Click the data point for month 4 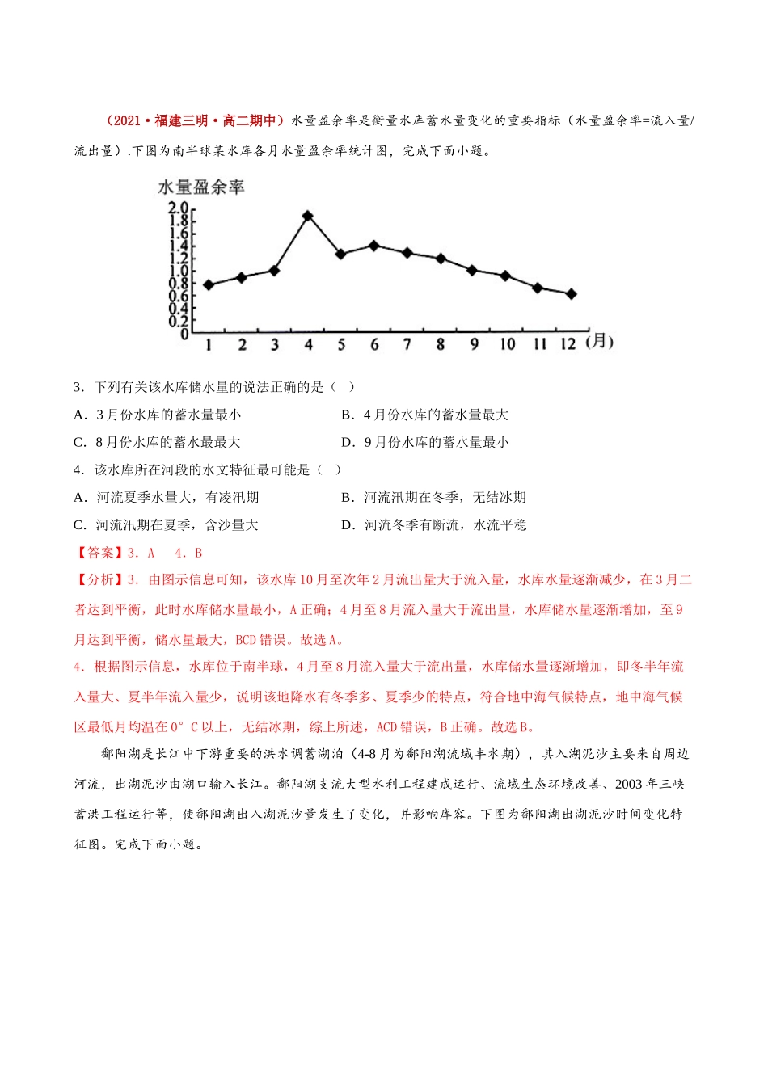pyautogui.click(x=308, y=216)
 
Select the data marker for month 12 pyautogui.click(x=572, y=294)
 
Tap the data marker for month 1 pyautogui.click(x=209, y=285)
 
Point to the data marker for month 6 pyautogui.click(x=373, y=245)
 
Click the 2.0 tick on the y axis pyautogui.click(x=178, y=208)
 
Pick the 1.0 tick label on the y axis pyautogui.click(x=178, y=271)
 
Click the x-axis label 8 pyautogui.click(x=440, y=344)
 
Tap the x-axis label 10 pyautogui.click(x=507, y=344)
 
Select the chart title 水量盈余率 pyautogui.click(x=200, y=187)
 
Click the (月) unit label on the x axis pyautogui.click(x=599, y=342)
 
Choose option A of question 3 pyautogui.click(x=157, y=415)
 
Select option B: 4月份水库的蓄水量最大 pyautogui.click(x=424, y=415)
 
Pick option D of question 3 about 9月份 pyautogui.click(x=424, y=442)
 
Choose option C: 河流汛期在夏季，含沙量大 pyautogui.click(x=166, y=524)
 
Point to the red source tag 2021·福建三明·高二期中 pyautogui.click(x=194, y=121)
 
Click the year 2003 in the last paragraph pyautogui.click(x=631, y=784)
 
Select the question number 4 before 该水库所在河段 pyautogui.click(x=78, y=469)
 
